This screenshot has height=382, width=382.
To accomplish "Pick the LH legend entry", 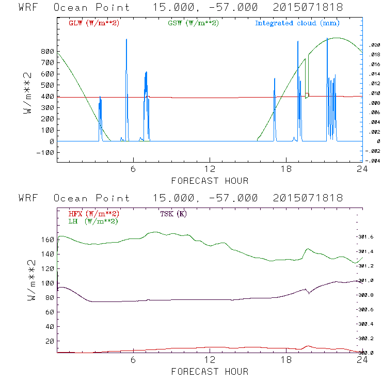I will pyautogui.click(x=93, y=221).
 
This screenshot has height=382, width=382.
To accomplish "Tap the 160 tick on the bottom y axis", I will pyautogui.click(x=47, y=240).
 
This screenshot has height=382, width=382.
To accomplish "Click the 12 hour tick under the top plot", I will pyautogui.click(x=210, y=169).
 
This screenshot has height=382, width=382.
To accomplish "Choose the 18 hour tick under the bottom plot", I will pyautogui.click(x=286, y=360).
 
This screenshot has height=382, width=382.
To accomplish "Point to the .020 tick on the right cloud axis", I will pyautogui.click(x=375, y=45).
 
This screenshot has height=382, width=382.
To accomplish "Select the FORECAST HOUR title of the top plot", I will pyautogui.click(x=210, y=181).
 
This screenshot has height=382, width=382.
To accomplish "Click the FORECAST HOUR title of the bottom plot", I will pyautogui.click(x=210, y=372).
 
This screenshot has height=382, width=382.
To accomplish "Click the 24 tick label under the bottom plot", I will pyautogui.click(x=362, y=360).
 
